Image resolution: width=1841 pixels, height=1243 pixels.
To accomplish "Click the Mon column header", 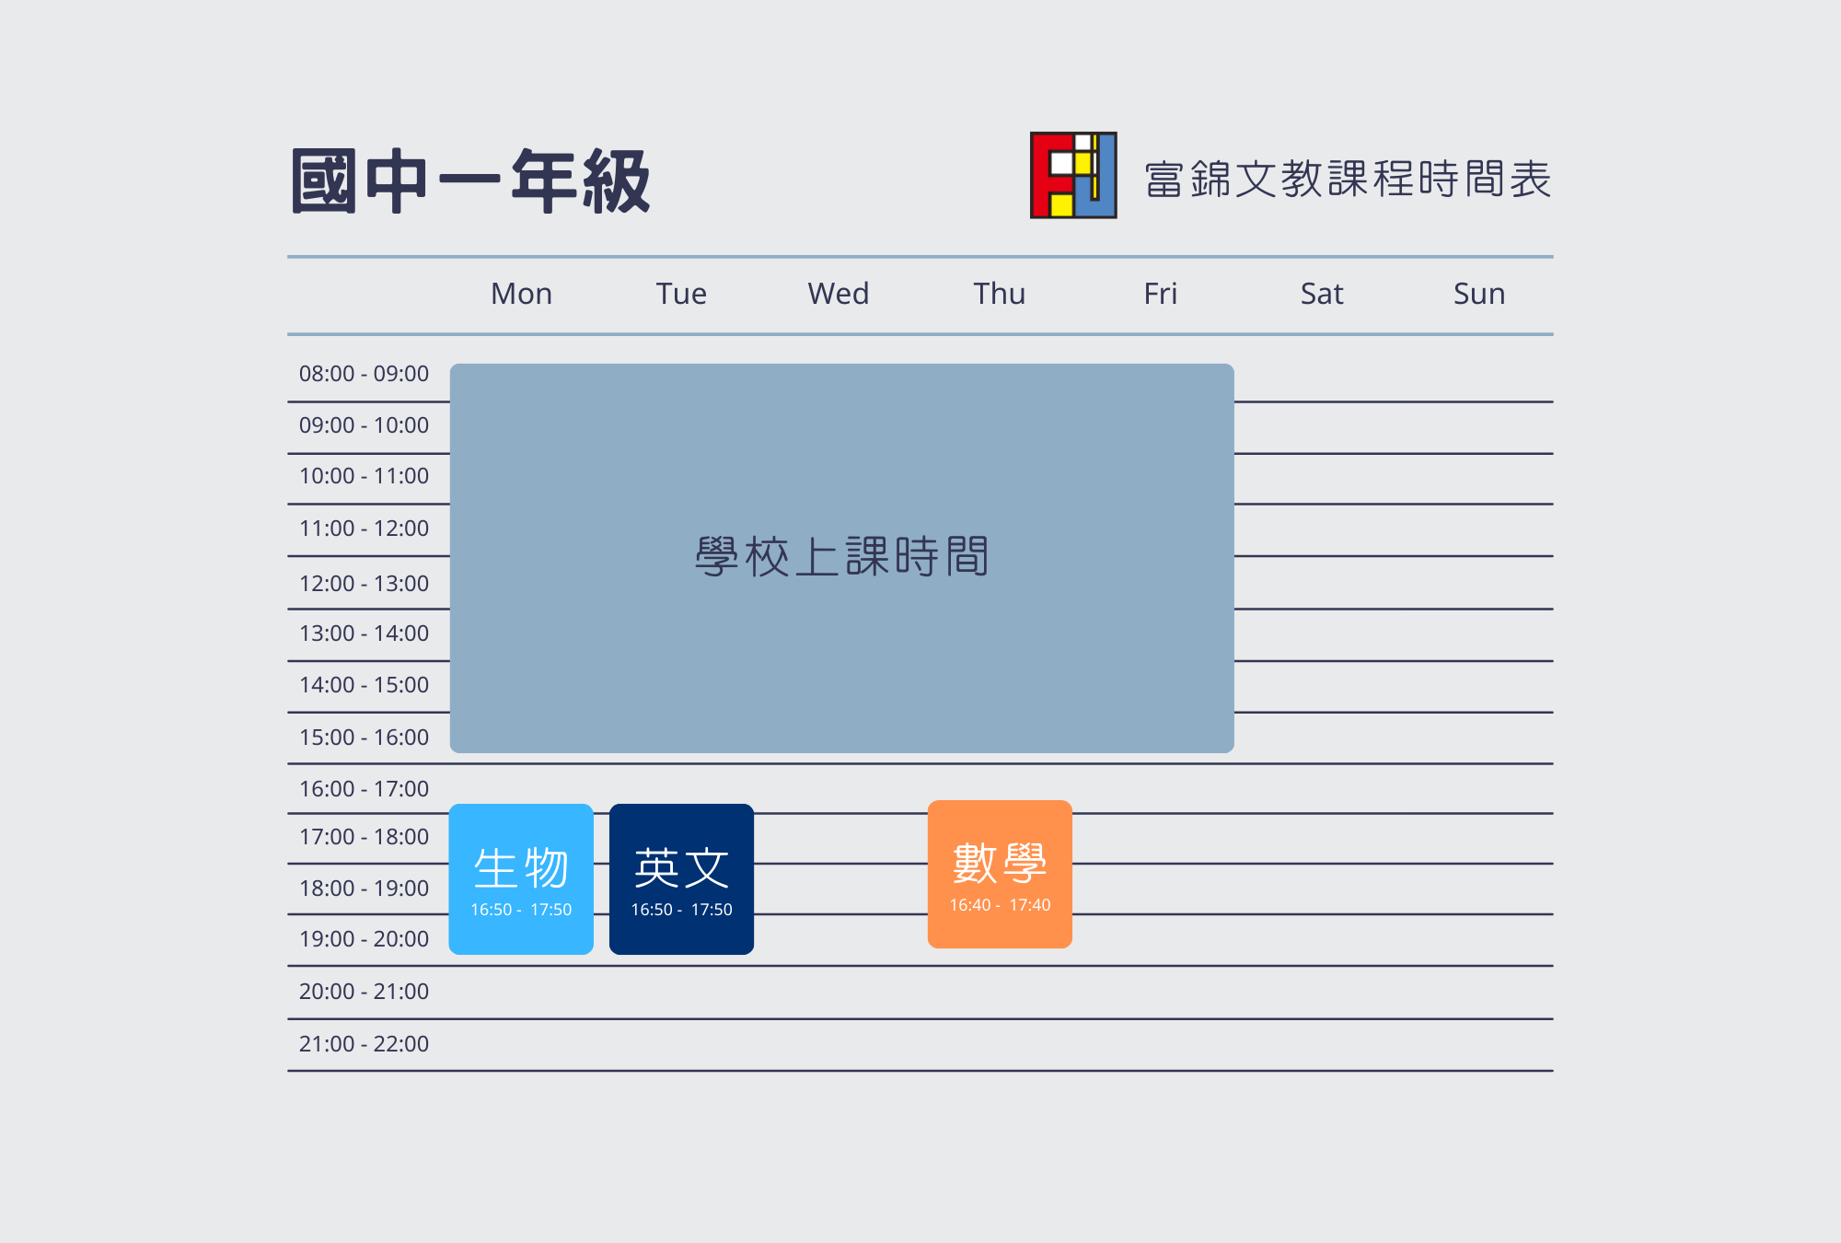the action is coord(521,294).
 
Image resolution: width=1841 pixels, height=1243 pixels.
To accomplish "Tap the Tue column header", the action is coord(681,294).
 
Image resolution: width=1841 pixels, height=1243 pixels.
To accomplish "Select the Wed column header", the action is coord(838,294).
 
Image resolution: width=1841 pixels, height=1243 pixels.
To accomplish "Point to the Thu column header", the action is coord(1000,294).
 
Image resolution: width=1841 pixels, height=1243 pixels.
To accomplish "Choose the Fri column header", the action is coord(1160,294).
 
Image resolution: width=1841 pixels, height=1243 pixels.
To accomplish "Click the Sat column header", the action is coord(1322,294).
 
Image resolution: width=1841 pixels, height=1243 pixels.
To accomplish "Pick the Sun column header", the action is coord(1479,294).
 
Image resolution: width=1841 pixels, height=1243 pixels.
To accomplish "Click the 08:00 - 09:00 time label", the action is coord(364,374).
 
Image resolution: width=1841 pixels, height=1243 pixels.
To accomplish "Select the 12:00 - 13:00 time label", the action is coord(364,584).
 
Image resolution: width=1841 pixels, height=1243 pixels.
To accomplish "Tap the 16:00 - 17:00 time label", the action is coord(364,789).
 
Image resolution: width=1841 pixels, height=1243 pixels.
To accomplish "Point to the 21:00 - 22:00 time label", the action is coord(364,1044).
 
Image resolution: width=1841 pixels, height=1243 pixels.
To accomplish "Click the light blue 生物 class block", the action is coord(521,879).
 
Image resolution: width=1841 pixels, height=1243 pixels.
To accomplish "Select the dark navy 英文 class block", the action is coord(681,879).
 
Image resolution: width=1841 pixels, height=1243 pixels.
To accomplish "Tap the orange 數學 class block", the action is coord(1000,875).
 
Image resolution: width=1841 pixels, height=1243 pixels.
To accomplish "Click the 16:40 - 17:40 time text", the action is coord(1000,905).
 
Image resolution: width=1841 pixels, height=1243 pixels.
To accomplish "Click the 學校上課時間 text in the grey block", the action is coord(841,557).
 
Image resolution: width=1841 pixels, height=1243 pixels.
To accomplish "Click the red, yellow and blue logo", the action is coord(1073,175).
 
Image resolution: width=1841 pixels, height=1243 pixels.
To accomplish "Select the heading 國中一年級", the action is coord(470,181).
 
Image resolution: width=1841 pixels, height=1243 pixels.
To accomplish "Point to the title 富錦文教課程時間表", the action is coord(1348,179).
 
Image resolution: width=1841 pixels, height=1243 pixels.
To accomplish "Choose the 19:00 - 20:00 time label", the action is coord(364,939).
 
